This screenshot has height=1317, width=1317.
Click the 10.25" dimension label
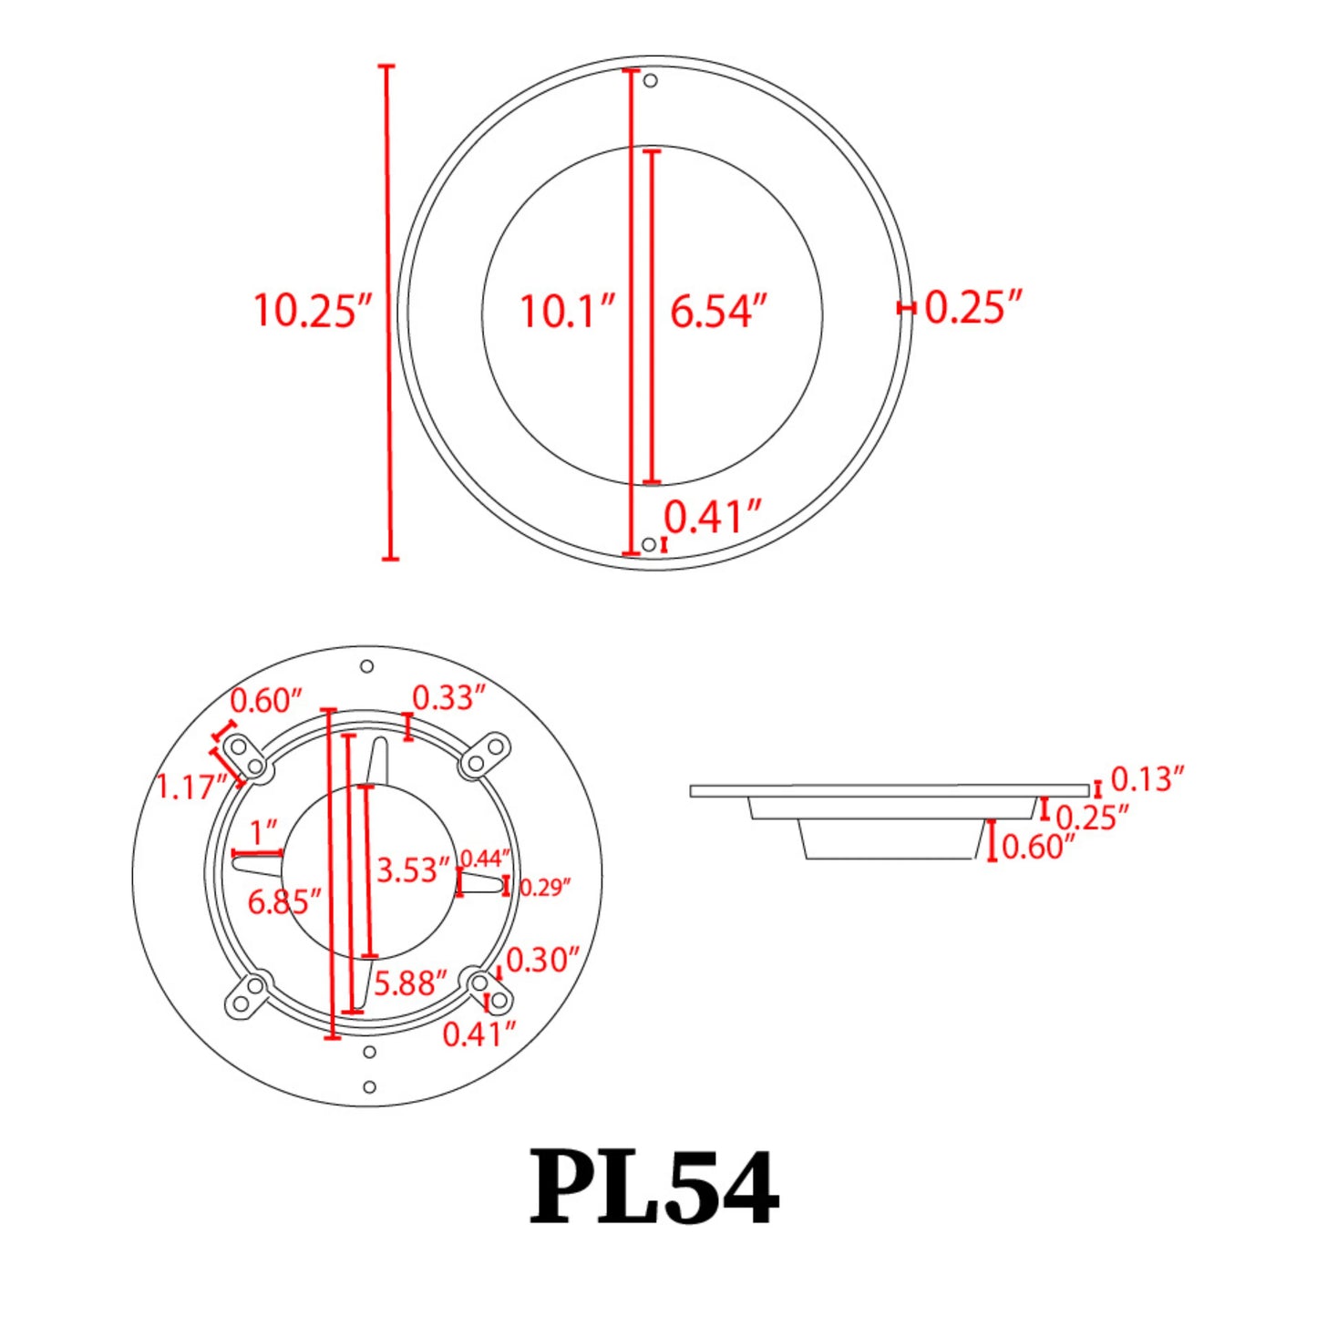coord(313,310)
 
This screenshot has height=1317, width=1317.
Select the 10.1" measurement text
coord(567,312)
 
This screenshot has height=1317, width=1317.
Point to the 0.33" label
coord(448,698)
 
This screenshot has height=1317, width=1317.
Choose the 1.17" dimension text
coord(191,787)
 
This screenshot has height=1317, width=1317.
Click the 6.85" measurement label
coord(284,902)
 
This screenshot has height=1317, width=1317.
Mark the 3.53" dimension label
coord(413,869)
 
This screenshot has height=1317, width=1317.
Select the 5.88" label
coord(410,983)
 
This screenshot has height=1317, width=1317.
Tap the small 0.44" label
coord(485,859)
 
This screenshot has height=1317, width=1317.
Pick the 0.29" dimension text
coord(545,887)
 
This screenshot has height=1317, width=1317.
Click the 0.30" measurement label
coord(542,960)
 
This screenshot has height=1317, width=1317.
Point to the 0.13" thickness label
coord(1147,779)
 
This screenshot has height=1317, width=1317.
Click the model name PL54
coord(653,1188)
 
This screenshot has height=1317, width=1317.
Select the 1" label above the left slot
coord(263,832)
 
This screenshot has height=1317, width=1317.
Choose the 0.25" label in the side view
coord(1092,818)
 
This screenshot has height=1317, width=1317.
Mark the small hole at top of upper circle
coord(651,81)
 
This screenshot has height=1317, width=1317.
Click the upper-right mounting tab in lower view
coord(484,756)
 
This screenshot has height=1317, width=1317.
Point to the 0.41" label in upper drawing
coord(712,518)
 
